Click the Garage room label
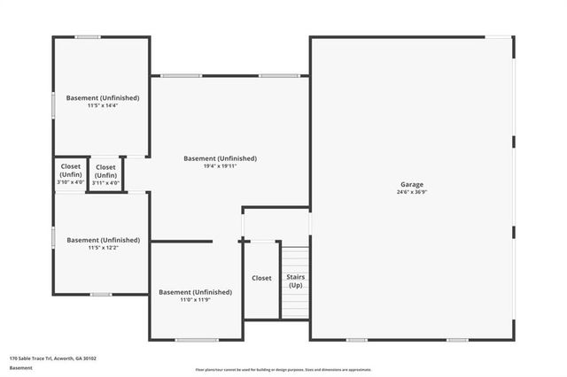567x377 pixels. click(x=411, y=185)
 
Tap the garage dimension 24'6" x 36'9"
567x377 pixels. click(x=411, y=192)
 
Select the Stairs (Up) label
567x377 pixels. click(x=295, y=281)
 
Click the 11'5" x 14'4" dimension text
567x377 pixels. click(x=103, y=105)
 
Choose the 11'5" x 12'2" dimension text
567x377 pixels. click(x=103, y=247)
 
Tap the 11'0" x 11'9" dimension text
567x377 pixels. click(x=195, y=299)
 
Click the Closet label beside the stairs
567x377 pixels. click(x=262, y=278)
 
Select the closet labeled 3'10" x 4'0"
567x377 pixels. click(x=70, y=174)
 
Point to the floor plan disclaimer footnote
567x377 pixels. click(x=283, y=370)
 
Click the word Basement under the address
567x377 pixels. click(x=21, y=367)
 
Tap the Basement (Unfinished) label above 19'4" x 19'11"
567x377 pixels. click(x=220, y=158)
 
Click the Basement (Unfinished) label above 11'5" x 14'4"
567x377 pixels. click(x=103, y=97)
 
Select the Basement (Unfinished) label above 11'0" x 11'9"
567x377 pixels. click(x=195, y=292)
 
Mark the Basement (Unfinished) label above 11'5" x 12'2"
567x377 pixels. click(x=103, y=240)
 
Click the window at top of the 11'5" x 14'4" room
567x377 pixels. click(x=87, y=36)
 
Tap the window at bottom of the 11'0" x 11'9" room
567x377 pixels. click(x=196, y=340)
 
